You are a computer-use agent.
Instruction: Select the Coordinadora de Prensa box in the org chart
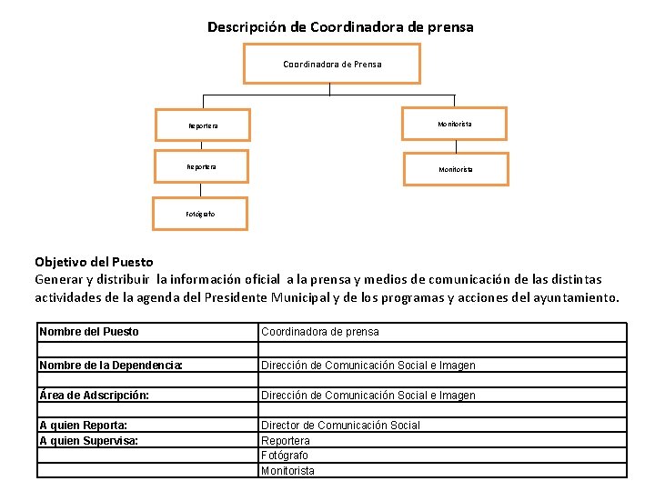click(332, 64)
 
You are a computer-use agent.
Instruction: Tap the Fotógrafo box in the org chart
click(200, 215)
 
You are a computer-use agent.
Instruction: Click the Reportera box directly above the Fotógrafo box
click(201, 167)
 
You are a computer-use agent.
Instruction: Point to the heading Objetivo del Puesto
click(94, 262)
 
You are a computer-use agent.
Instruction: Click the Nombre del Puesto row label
click(89, 332)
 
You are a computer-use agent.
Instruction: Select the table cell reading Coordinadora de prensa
click(320, 332)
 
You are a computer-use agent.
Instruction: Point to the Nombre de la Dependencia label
click(111, 366)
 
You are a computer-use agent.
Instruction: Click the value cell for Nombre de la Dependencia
click(368, 366)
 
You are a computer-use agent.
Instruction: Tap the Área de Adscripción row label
click(95, 396)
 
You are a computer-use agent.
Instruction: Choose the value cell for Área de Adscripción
click(368, 396)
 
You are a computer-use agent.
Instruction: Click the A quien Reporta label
click(83, 426)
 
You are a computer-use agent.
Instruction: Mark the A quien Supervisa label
click(89, 441)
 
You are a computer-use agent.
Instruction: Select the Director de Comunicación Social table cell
click(341, 426)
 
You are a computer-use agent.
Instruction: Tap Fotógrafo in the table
click(285, 456)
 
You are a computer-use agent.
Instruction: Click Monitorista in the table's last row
click(287, 471)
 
